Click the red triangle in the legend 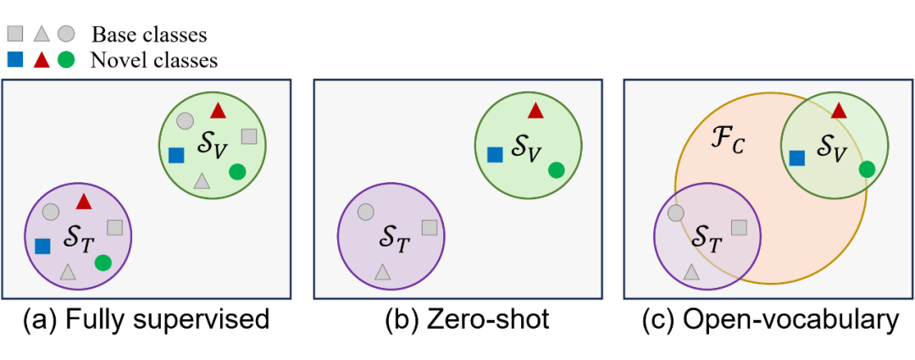(40, 60)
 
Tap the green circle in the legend (66, 60)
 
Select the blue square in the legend (14, 60)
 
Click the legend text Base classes (149, 35)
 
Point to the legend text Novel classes (154, 60)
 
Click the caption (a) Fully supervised (147, 320)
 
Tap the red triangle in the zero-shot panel (535, 110)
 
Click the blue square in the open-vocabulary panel (796, 157)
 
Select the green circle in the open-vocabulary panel (866, 169)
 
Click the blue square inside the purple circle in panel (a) (42, 246)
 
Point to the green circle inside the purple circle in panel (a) (103, 263)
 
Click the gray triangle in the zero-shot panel (383, 272)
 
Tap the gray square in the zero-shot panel (430, 227)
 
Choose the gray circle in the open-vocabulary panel (676, 212)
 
